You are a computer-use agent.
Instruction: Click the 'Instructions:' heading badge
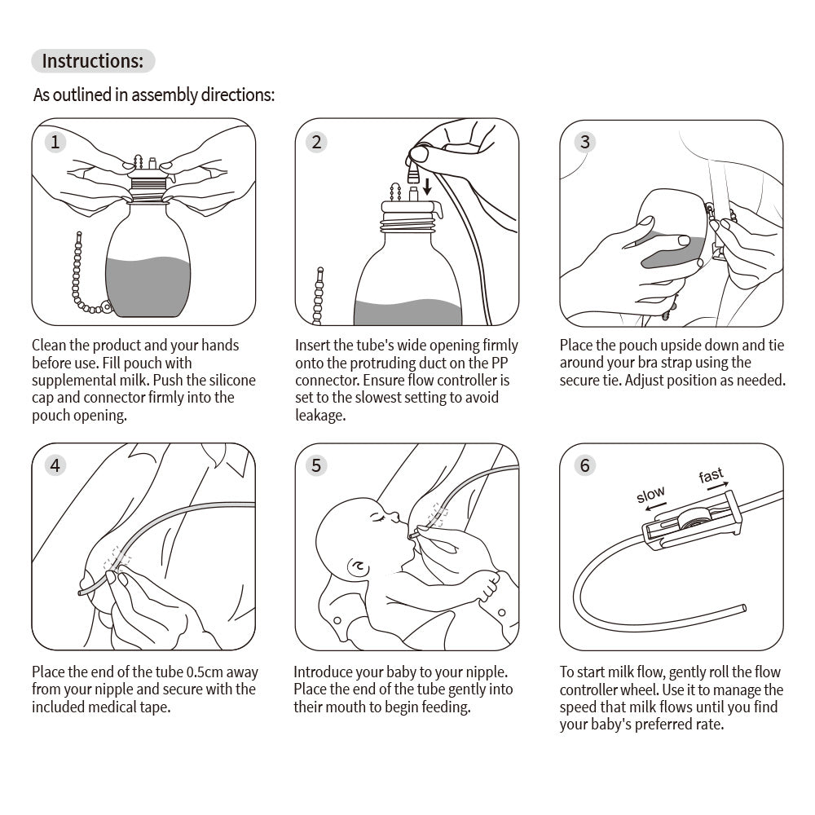click(92, 61)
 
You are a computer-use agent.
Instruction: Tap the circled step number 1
click(55, 143)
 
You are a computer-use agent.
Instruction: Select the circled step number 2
click(317, 143)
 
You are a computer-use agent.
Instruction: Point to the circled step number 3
click(584, 143)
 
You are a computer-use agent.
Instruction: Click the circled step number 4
click(55, 465)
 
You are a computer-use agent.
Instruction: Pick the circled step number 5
click(317, 465)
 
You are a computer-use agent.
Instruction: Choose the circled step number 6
click(584, 465)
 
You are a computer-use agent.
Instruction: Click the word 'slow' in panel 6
click(650, 495)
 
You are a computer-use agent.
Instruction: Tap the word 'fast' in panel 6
click(711, 476)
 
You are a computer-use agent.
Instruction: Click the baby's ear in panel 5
click(356, 565)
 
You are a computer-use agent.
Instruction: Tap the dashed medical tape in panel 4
click(117, 560)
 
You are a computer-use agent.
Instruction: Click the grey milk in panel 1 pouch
click(148, 285)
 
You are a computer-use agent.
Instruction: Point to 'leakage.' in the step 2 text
click(320, 416)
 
